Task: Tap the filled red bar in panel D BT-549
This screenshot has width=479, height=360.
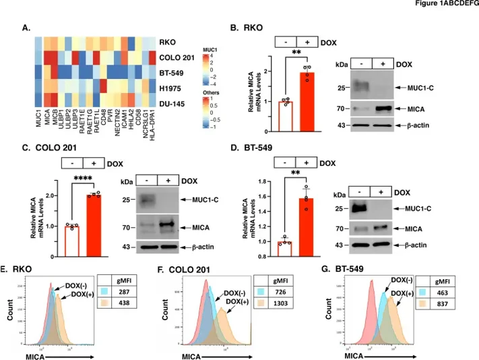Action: click(x=307, y=218)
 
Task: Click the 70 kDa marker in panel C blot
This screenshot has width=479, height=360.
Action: click(x=125, y=229)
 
